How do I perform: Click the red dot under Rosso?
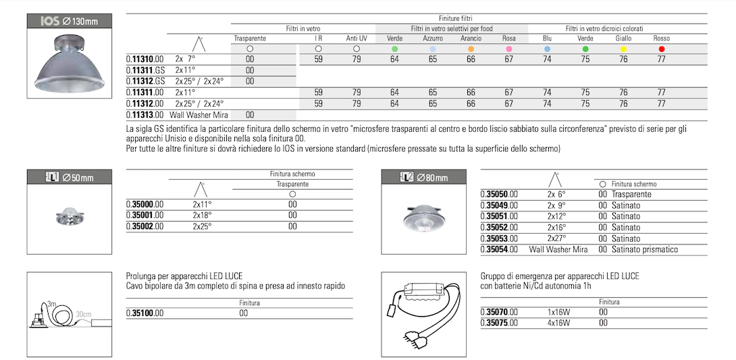point(662,49)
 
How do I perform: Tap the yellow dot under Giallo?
point(623,49)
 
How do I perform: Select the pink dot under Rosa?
point(509,49)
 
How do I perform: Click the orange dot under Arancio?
point(471,49)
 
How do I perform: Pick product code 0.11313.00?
point(145,115)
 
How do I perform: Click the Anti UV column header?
point(357,38)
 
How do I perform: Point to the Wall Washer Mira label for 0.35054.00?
point(558,250)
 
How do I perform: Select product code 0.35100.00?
point(145,313)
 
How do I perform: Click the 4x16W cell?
point(558,323)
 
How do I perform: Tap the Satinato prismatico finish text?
point(644,250)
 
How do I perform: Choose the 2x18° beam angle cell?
point(202,215)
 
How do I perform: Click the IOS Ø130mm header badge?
point(69,21)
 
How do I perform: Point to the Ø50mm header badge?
point(69,178)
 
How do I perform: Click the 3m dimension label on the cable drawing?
point(51,305)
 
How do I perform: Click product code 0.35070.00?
point(499,312)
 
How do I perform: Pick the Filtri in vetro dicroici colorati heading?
point(604,29)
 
